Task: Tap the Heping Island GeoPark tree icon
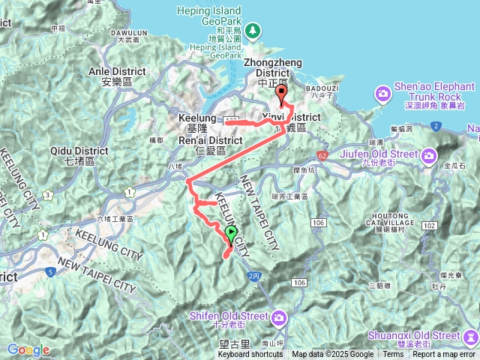click(x=253, y=30)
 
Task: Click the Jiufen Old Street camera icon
click(x=429, y=155)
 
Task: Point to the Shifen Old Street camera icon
click(x=279, y=317)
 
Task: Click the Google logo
click(x=28, y=349)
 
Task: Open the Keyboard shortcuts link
click(x=250, y=355)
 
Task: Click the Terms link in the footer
click(x=392, y=355)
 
